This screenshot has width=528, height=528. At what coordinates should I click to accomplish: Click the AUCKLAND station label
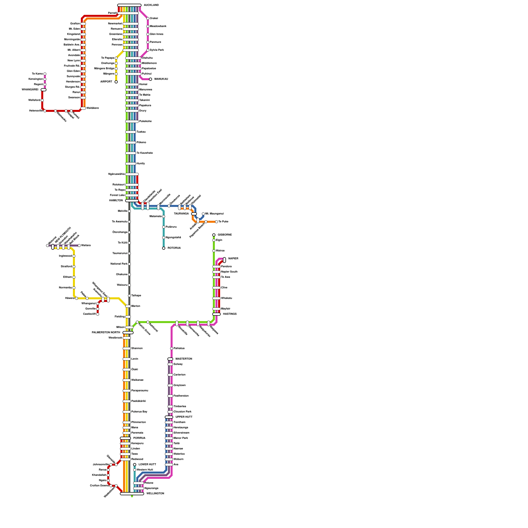[x=151, y=5]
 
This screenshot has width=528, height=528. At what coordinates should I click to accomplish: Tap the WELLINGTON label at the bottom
[x=155, y=494]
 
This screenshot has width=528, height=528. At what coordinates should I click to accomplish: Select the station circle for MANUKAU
[x=150, y=79]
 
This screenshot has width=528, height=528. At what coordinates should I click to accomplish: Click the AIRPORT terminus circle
[x=116, y=82]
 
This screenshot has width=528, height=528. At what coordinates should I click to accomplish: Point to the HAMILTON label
[x=116, y=201]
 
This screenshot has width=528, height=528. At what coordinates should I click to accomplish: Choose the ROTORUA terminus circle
[x=164, y=248]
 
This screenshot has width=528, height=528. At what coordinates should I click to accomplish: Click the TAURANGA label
[x=181, y=214]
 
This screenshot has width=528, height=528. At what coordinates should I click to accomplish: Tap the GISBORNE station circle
[x=214, y=235]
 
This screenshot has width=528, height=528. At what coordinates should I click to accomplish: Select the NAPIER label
[x=233, y=259]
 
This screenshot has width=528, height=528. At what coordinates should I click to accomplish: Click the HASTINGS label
[x=230, y=314]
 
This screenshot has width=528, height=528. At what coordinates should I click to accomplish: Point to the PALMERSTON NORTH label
[x=106, y=333]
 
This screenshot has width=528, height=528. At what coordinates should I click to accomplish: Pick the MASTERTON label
[x=183, y=359]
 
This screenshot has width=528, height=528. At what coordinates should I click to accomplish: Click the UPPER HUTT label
[x=184, y=417]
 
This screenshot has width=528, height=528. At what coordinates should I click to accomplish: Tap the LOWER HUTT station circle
[x=135, y=465]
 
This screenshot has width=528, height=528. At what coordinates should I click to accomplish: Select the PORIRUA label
[x=139, y=438]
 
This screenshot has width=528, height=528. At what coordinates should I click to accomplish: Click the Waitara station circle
[x=79, y=246]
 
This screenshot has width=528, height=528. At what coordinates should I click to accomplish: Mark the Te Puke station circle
[x=216, y=222]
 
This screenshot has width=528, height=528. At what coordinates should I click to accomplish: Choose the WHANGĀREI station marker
[x=44, y=90]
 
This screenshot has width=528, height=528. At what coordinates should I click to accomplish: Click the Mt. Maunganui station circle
[x=203, y=214]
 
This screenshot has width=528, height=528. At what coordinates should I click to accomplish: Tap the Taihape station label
[x=136, y=296]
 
